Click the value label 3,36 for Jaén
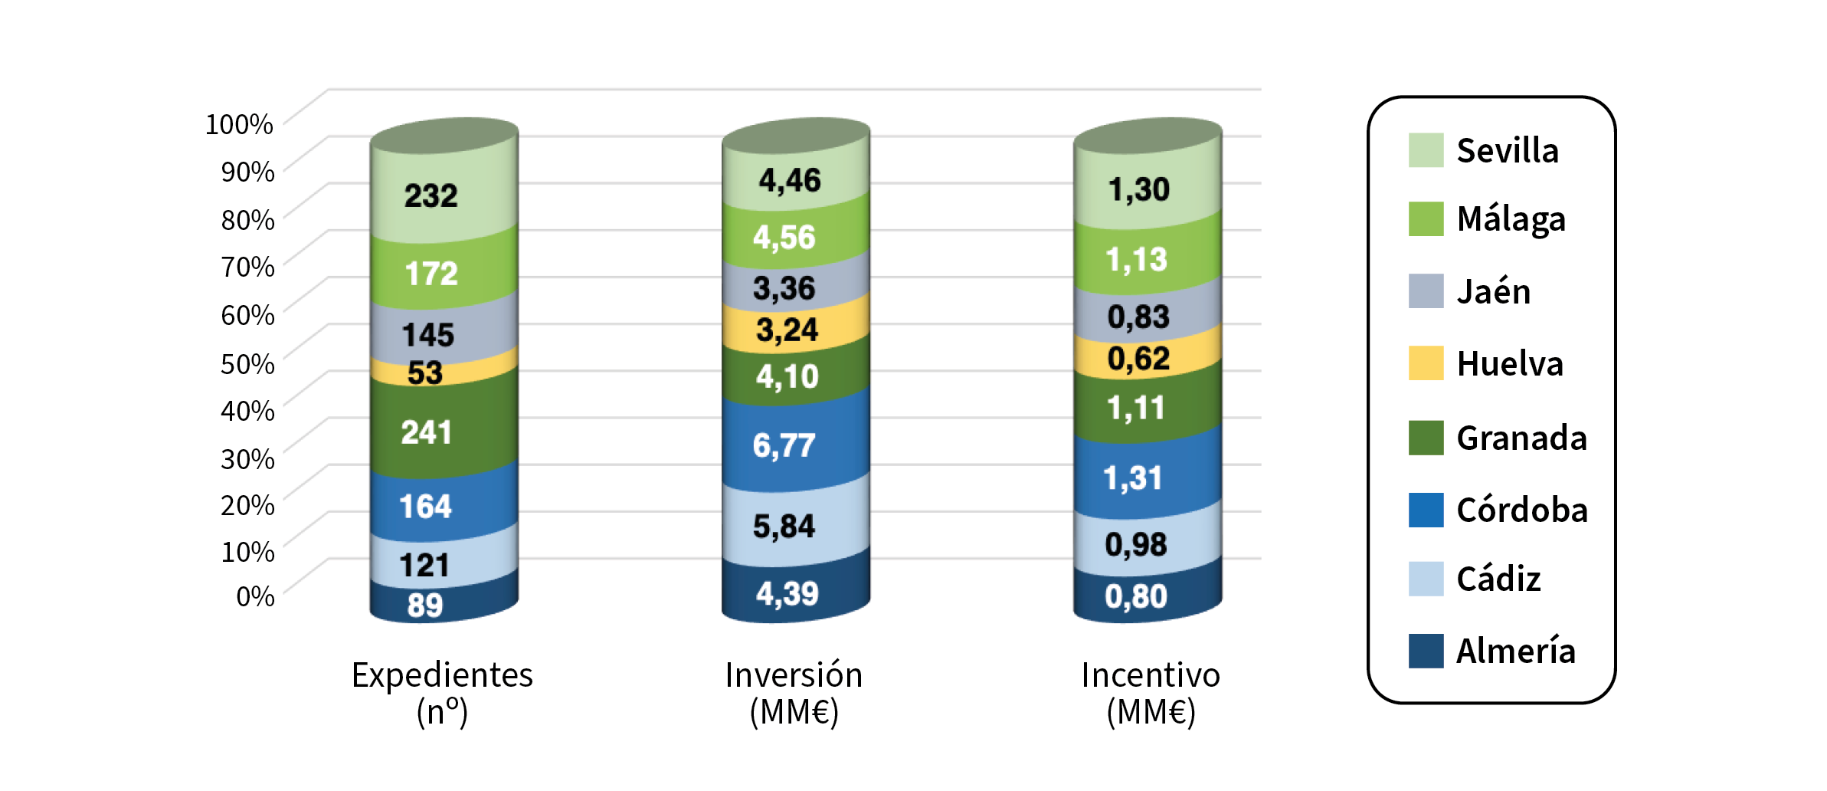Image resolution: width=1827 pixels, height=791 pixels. (x=784, y=288)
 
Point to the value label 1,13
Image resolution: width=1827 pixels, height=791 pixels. (x=1136, y=260)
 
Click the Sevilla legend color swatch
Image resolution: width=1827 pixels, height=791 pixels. (x=1426, y=150)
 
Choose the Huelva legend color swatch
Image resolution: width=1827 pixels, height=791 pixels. (x=1426, y=363)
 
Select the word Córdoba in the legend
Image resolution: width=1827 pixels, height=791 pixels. (x=1521, y=510)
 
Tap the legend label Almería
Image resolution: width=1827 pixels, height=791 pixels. (x=1515, y=652)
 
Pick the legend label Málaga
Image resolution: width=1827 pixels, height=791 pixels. (x=1511, y=219)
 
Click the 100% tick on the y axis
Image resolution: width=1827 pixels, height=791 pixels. (x=239, y=124)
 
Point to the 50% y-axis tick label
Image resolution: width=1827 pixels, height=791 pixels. (x=247, y=363)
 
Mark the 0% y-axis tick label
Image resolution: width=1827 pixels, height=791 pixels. (x=255, y=596)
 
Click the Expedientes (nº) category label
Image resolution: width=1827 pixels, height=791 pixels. (x=442, y=693)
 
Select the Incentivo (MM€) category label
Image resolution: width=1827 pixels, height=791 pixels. (x=1151, y=693)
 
